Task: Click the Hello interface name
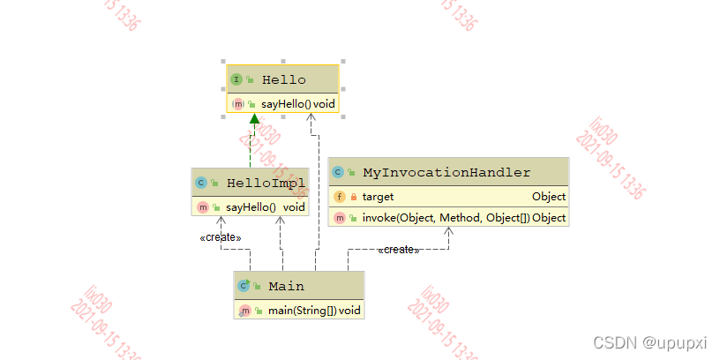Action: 284,79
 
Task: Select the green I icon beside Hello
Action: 236,79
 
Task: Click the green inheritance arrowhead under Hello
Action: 253,120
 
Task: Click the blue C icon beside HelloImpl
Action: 201,183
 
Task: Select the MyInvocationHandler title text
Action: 446,172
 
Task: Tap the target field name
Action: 378,197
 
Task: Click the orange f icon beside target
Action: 340,197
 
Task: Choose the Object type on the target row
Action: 549,197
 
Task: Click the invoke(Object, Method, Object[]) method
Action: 446,218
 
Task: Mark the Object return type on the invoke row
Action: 549,218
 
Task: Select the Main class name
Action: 286,286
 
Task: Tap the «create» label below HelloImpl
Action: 221,237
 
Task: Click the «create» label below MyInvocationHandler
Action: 398,250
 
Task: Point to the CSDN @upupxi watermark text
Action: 650,341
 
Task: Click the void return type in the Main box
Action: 349,310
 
